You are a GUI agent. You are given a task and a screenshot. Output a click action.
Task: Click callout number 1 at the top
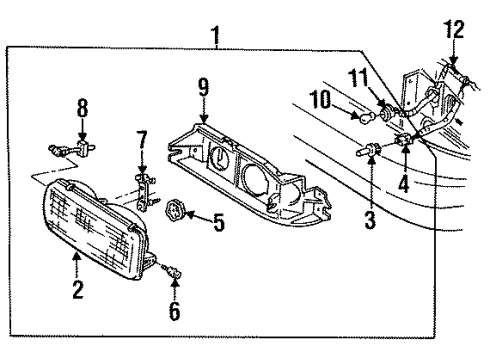click(x=215, y=37)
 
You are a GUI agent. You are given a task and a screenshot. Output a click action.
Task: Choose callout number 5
click(x=218, y=220)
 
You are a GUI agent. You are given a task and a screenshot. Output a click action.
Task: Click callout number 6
click(x=174, y=311)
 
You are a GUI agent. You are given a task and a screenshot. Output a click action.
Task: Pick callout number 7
click(x=143, y=139)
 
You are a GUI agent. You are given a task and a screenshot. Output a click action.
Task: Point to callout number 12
click(x=455, y=29)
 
